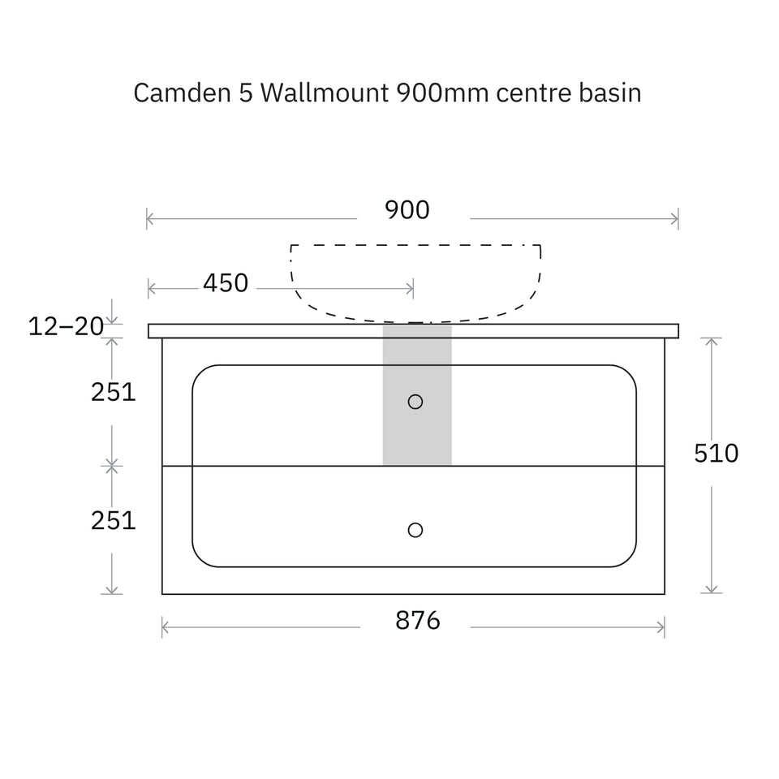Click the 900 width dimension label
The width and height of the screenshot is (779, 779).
click(407, 210)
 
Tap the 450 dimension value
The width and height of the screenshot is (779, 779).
click(226, 283)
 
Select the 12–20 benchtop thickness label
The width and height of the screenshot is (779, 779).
click(66, 326)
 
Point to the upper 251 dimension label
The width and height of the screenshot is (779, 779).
click(114, 392)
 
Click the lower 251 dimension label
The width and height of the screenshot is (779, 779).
click(114, 521)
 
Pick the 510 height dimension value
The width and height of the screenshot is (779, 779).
click(716, 453)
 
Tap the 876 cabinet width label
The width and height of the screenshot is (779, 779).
click(418, 621)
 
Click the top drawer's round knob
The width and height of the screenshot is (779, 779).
click(415, 402)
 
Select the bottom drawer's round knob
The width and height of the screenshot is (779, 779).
click(415, 530)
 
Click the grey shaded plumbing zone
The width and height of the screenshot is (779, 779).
click(417, 395)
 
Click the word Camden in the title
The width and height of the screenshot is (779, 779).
click(183, 93)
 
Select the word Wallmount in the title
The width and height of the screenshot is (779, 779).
click(325, 93)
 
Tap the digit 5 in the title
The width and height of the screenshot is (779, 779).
click(245, 93)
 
